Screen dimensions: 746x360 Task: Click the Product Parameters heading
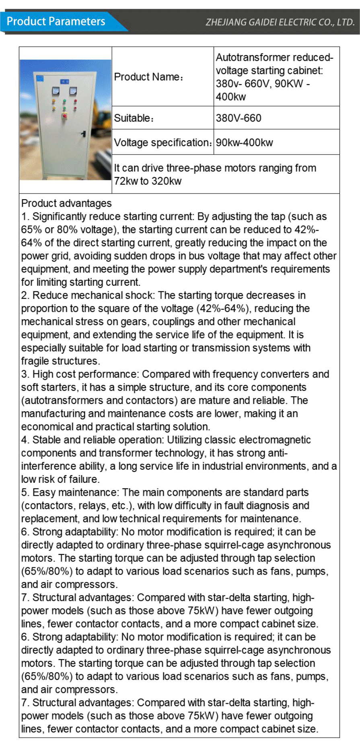pyautogui.click(x=56, y=21)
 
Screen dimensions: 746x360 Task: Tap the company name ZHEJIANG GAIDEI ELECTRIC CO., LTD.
pyautogui.click(x=280, y=22)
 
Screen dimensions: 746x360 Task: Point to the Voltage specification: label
pyautogui.click(x=163, y=143)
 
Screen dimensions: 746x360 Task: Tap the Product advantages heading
pyautogui.click(x=66, y=203)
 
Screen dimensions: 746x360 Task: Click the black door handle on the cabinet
pyautogui.click(x=84, y=133)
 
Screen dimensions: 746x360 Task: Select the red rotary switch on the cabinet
pyautogui.click(x=64, y=116)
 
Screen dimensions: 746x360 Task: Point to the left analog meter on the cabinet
pyautogui.click(x=56, y=91)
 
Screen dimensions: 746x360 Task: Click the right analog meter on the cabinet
pyautogui.click(x=73, y=91)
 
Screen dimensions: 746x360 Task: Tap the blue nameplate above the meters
pyautogui.click(x=64, y=82)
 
